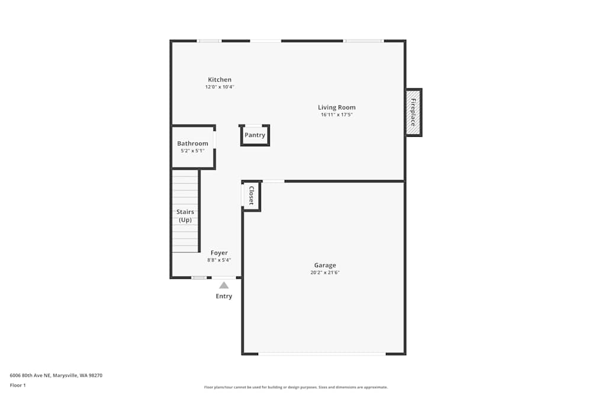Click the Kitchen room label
(220, 80)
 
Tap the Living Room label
(337, 108)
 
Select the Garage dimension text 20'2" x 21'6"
(325, 273)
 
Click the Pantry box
(255, 135)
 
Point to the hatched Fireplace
(413, 112)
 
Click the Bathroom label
(193, 143)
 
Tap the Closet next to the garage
(251, 196)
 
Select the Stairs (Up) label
(185, 216)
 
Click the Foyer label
(219, 253)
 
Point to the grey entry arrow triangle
(224, 285)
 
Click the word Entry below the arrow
(224, 296)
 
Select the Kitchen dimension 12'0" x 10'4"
(220, 87)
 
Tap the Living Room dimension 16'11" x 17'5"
(337, 115)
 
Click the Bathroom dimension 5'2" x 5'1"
(192, 151)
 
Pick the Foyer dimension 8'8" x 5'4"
(219, 260)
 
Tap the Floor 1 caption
(18, 385)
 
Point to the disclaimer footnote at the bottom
(296, 387)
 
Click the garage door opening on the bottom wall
(322, 354)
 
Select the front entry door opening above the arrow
(224, 277)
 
